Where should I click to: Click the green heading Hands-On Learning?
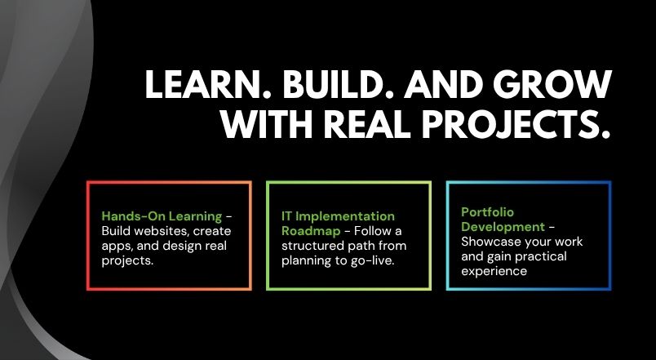pyautogui.click(x=162, y=216)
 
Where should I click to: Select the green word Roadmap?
pyautogui.click(x=311, y=231)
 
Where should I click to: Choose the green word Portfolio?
pyautogui.click(x=487, y=211)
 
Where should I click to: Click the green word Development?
pyautogui.click(x=503, y=227)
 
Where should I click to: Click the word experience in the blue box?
pyautogui.click(x=494, y=271)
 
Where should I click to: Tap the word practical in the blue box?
pyautogui.click(x=542, y=256)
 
